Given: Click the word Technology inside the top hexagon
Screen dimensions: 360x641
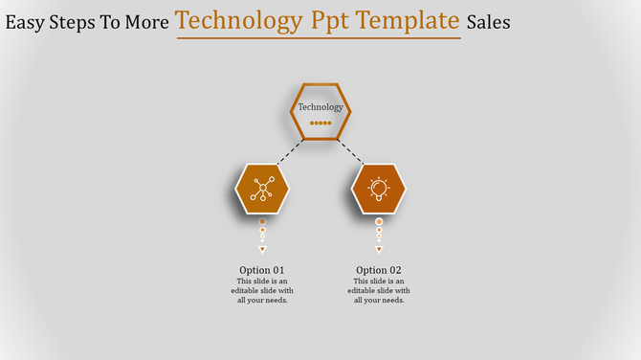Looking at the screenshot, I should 320,107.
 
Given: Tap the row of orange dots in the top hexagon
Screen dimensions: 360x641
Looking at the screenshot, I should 320,124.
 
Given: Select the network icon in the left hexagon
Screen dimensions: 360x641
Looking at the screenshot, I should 262,189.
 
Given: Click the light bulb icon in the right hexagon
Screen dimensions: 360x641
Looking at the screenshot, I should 379,189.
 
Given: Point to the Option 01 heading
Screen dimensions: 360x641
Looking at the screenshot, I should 262,270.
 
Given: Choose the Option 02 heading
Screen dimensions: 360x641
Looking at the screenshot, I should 379,270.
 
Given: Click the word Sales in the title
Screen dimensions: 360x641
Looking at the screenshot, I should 488,22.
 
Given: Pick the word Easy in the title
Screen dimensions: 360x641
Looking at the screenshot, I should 26,22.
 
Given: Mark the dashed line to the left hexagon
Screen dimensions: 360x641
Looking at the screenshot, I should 290,152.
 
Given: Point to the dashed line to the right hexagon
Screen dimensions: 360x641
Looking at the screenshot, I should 351,152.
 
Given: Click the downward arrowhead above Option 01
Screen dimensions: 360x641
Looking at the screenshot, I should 262,249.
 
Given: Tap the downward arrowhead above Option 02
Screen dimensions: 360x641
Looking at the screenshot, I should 379,249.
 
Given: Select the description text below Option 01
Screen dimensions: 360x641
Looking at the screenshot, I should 262,290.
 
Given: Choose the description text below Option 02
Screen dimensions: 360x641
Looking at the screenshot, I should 379,290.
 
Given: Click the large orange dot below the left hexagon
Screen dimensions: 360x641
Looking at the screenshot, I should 262,222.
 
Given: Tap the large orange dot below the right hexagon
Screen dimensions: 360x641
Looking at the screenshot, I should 379,222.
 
